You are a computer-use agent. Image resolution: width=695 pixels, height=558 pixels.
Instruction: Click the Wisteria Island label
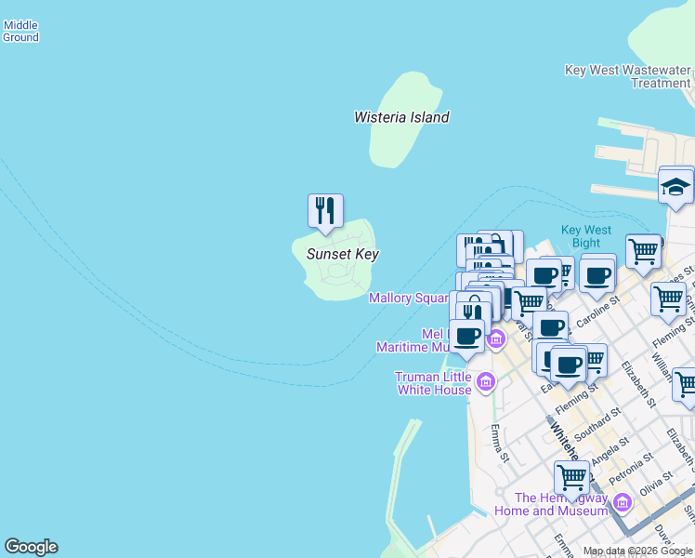401,117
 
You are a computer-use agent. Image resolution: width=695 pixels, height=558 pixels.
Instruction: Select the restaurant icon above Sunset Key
325,210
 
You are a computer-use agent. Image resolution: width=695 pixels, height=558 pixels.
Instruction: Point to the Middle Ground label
20,32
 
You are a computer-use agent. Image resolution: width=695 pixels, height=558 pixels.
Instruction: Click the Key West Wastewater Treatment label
628,76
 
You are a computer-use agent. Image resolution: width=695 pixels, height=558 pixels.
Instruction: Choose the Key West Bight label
586,236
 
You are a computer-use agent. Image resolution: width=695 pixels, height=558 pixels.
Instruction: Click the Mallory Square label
409,299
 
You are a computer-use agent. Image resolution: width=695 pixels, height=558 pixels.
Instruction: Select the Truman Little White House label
434,383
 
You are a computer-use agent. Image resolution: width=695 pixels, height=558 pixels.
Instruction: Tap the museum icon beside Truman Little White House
485,381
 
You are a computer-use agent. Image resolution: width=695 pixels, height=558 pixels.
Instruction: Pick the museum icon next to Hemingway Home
622,504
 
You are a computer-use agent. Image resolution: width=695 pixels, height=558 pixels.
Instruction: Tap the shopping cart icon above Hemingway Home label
571,477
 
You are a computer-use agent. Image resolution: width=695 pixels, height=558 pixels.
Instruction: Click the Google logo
31,547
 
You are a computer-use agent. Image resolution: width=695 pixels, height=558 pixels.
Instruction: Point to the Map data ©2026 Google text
637,551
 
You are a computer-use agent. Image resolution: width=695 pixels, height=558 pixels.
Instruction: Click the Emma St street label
500,443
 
